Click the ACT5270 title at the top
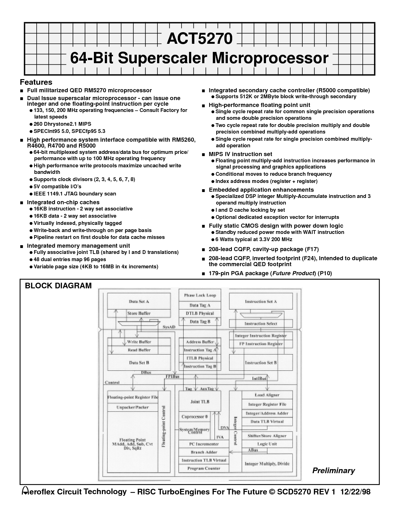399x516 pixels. [200, 39]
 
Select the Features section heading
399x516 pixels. [36, 82]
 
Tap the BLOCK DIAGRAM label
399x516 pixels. [58, 286]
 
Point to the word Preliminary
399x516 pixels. [334, 470]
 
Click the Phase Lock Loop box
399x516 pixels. [200, 295]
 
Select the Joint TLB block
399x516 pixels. [200, 402]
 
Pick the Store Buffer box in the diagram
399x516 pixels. [139, 313]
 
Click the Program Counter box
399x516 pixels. [204, 468]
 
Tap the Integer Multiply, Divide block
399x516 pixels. [267, 464]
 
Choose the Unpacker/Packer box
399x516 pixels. [133, 407]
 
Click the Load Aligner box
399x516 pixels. [267, 395]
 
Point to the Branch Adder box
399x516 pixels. [204, 452]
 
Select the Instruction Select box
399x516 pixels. [261, 324]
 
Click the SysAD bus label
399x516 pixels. [169, 327]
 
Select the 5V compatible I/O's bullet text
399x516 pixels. [57, 187]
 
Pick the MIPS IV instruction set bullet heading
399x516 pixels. [240, 154]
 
